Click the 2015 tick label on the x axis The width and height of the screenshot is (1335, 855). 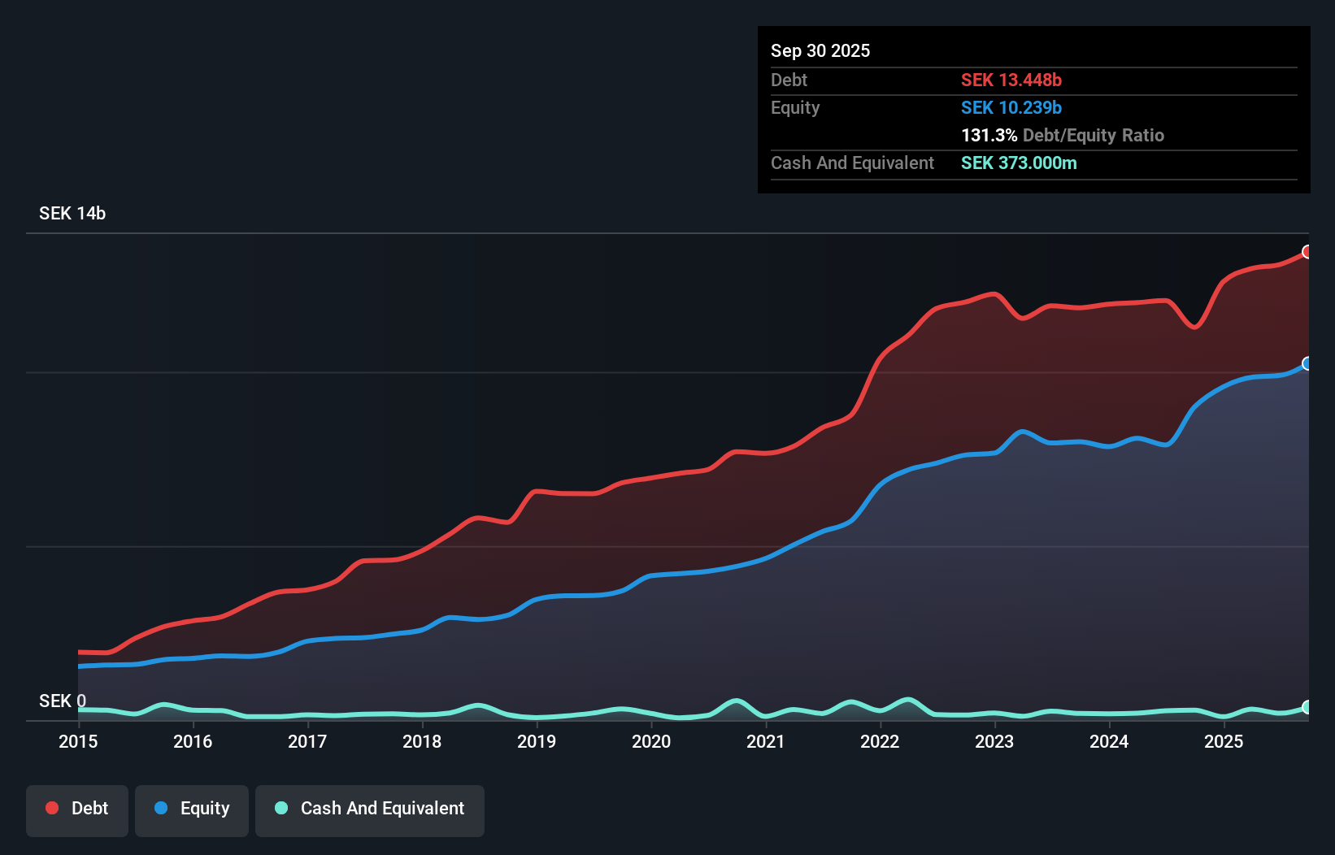[x=78, y=741]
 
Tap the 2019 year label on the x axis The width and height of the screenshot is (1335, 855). [x=537, y=741]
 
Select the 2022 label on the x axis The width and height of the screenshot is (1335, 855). [x=880, y=741]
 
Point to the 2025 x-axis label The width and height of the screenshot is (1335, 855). [x=1224, y=741]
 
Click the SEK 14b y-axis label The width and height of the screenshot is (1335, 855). [x=72, y=213]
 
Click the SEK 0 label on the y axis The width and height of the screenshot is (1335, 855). [x=62, y=701]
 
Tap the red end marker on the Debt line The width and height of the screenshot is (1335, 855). [x=1307, y=252]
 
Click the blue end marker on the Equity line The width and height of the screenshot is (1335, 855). [x=1307, y=363]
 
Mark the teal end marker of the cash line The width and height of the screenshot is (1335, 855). [x=1307, y=707]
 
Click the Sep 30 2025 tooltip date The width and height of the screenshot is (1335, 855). [x=820, y=50]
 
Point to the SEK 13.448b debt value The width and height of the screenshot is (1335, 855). [x=1011, y=80]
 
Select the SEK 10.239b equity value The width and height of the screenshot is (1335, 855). [x=1011, y=107]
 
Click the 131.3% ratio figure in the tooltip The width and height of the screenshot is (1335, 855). [x=989, y=135]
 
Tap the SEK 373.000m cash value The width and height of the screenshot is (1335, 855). [x=1019, y=163]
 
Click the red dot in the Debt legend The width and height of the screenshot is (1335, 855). [x=52, y=808]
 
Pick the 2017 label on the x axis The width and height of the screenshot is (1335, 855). [x=307, y=741]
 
